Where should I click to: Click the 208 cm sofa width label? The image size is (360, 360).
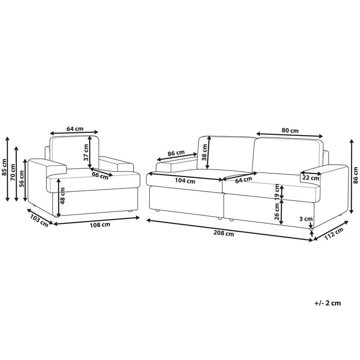223,233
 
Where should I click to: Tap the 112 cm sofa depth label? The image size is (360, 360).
333,234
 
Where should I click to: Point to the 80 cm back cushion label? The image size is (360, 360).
290,130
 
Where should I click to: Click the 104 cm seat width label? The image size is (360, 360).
185,181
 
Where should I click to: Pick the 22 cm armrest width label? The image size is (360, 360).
310,178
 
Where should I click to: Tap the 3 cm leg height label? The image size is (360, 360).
306,219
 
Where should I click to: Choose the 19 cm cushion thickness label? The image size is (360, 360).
277,191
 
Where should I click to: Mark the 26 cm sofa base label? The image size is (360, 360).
277,211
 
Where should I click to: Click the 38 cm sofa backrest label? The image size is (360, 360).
204,152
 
